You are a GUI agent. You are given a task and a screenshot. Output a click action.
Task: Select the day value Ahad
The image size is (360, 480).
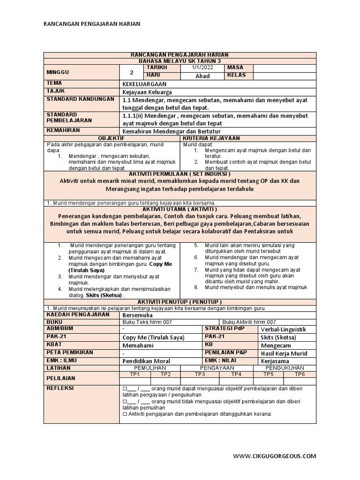pos(202,76)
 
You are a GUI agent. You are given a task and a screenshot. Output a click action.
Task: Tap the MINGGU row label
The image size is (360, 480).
pos(58,72)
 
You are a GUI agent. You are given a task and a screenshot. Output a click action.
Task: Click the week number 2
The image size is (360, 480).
pos(132,72)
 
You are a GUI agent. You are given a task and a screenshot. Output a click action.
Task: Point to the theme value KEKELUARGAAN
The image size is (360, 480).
pos(142,83)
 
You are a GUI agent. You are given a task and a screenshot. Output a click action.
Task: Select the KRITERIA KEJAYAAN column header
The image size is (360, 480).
pos(211,138)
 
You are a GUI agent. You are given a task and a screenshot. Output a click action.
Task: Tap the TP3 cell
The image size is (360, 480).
pos(200,374)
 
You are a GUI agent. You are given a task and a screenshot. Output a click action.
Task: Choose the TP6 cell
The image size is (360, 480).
pos(300,374)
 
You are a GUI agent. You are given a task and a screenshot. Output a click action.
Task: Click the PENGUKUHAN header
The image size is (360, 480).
pos(284,368)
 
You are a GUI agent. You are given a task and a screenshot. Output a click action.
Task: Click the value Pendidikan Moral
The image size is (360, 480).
pos(146,361)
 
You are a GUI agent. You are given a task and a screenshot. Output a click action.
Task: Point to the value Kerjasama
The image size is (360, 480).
pos(275,361)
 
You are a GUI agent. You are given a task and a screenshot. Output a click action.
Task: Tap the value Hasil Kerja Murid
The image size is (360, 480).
pos(285,353)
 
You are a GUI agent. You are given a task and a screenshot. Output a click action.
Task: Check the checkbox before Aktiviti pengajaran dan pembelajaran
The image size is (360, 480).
pos(125,414)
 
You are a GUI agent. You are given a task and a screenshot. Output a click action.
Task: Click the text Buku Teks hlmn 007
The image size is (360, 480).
pos(147,322)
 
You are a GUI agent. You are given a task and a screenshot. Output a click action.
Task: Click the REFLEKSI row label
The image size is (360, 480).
pos(60,388)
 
